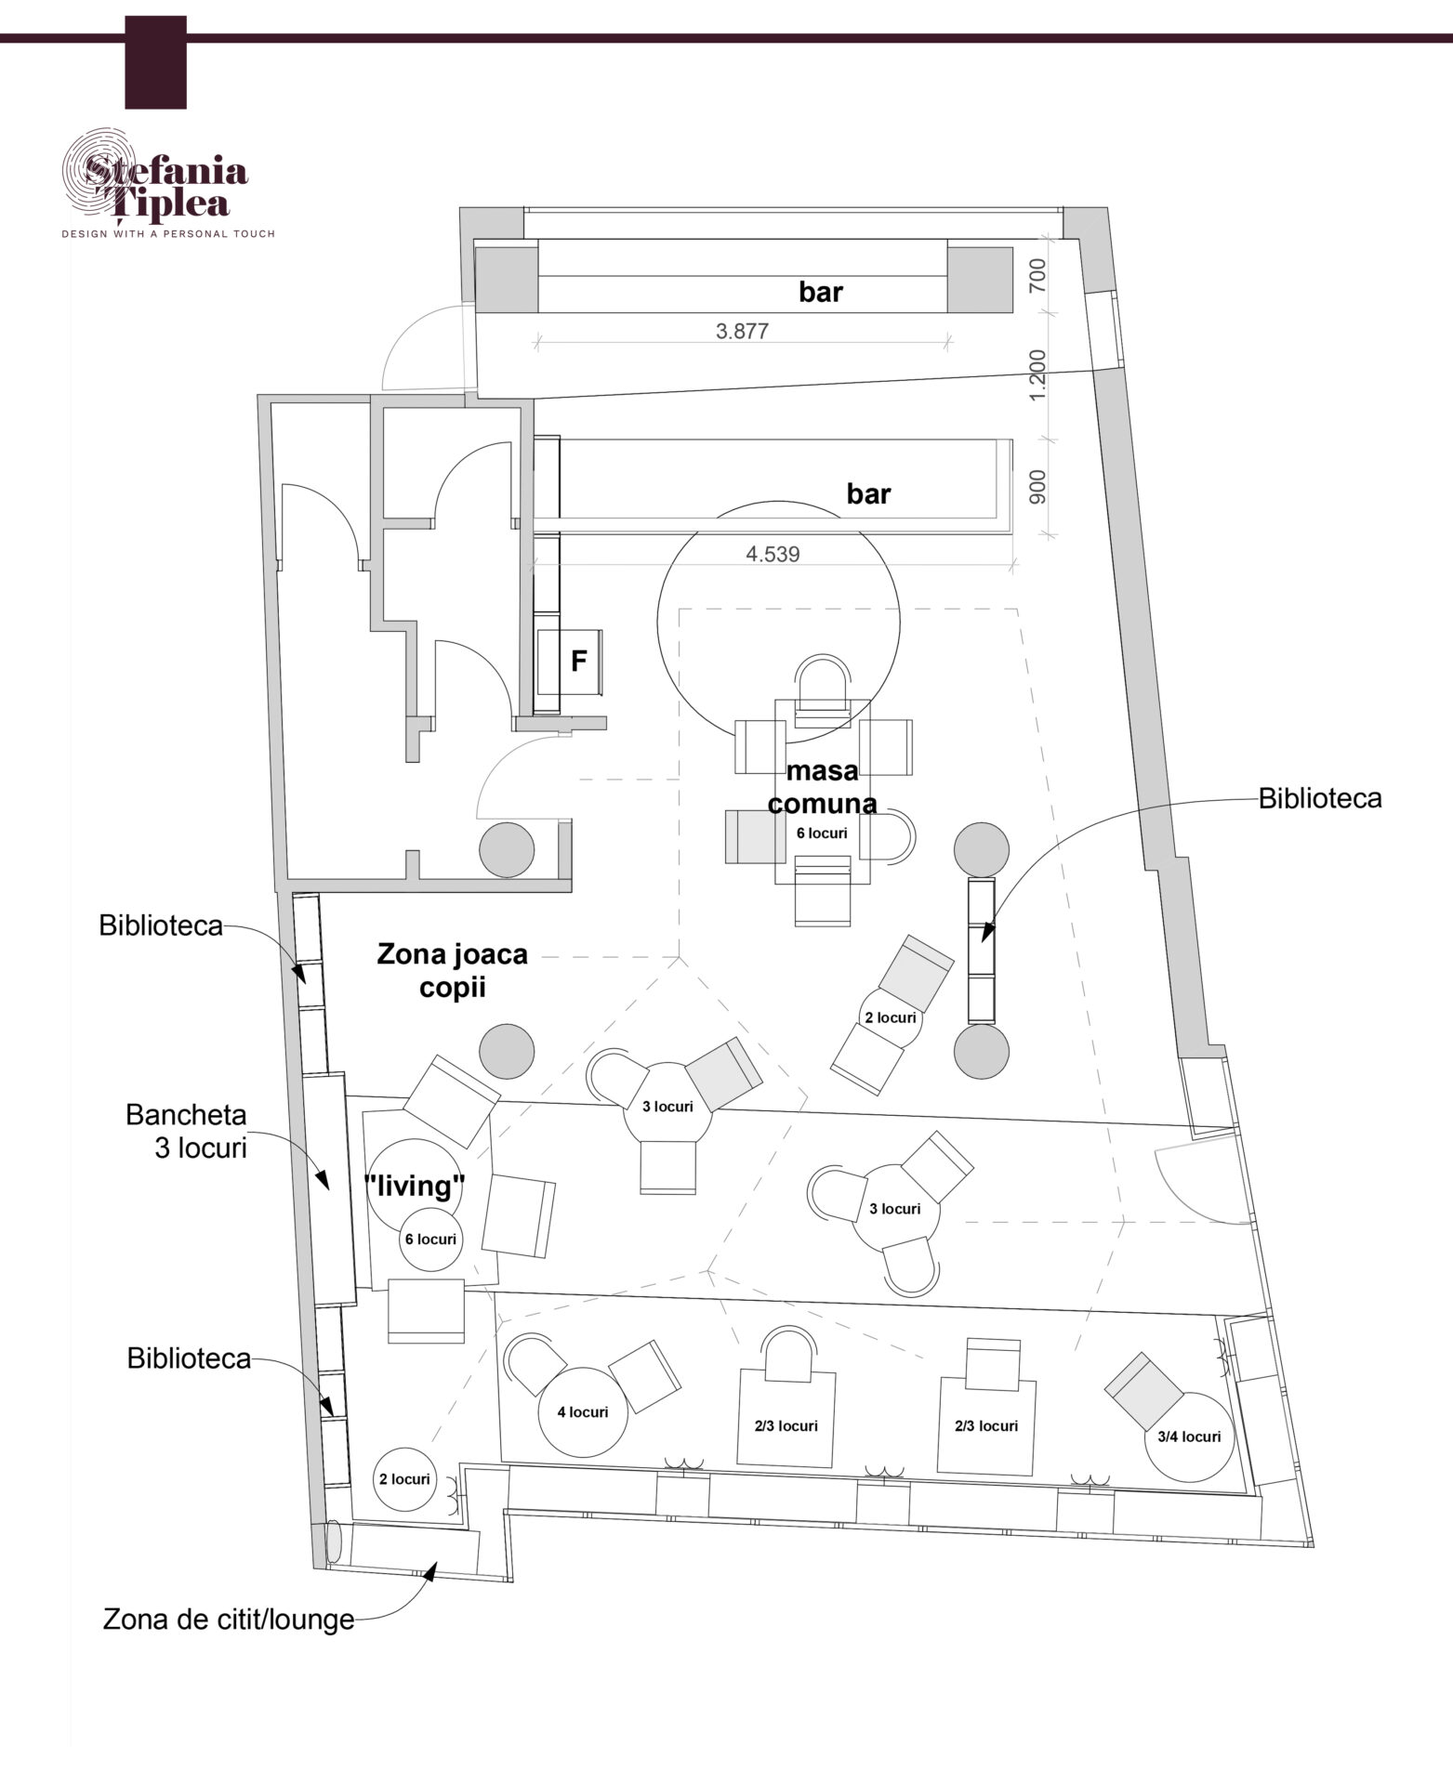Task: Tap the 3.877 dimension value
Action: (x=742, y=331)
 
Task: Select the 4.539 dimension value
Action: (x=773, y=555)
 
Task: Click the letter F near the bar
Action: (x=579, y=661)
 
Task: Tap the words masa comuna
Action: (x=822, y=786)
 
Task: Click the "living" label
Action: (x=414, y=1186)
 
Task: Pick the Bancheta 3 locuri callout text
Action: (x=187, y=1131)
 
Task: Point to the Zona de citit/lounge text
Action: (x=229, y=1619)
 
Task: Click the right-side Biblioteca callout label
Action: (x=1319, y=798)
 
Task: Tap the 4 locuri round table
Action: (x=583, y=1411)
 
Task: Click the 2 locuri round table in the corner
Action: (x=404, y=1478)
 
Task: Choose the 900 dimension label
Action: (x=1039, y=488)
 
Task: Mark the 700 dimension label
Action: (x=1039, y=275)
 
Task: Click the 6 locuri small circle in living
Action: (x=430, y=1239)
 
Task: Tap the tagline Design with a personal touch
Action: (x=168, y=234)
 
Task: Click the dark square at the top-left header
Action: (x=156, y=62)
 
